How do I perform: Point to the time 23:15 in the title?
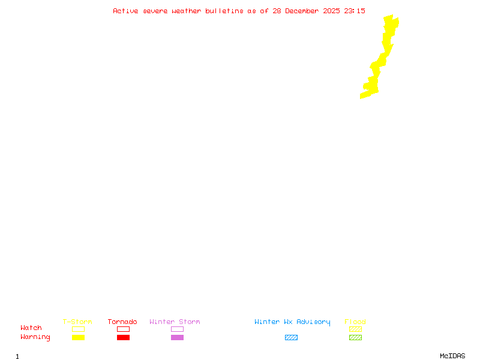tap(355, 11)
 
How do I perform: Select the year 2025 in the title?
tap(332, 11)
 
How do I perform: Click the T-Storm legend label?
tap(77, 322)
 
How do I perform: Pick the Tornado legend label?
tap(122, 322)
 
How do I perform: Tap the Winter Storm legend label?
tap(175, 322)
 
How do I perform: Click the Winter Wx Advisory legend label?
tap(292, 322)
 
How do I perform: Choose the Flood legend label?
tap(355, 322)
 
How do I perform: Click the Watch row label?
tap(31, 328)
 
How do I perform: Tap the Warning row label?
tap(35, 337)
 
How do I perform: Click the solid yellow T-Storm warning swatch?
tap(78, 337)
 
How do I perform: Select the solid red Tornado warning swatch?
tap(123, 337)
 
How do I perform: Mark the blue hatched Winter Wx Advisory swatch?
tap(291, 337)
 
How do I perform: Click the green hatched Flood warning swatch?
tap(355, 337)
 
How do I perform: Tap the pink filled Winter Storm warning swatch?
tap(177, 337)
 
